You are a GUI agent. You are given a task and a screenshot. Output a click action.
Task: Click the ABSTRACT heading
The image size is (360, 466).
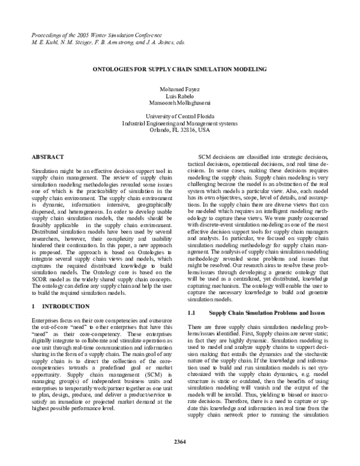tap(47, 157)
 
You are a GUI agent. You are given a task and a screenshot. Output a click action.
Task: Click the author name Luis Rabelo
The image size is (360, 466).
tap(180, 96)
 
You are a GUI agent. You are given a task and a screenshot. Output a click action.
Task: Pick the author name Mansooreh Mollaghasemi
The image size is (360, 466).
tap(180, 103)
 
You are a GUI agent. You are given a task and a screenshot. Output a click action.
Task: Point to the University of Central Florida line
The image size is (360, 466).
tap(180, 116)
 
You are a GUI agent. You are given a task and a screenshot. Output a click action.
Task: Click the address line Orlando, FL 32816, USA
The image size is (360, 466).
tap(180, 129)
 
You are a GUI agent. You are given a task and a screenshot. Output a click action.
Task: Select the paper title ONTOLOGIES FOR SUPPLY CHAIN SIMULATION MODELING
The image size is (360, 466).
tap(180, 70)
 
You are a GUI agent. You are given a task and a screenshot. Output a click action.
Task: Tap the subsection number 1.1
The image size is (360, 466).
tap(193, 313)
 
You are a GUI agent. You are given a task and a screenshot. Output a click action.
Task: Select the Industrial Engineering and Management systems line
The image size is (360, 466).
tap(180, 123)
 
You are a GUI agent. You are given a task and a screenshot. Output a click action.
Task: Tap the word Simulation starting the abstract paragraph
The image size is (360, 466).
tap(44, 171)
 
